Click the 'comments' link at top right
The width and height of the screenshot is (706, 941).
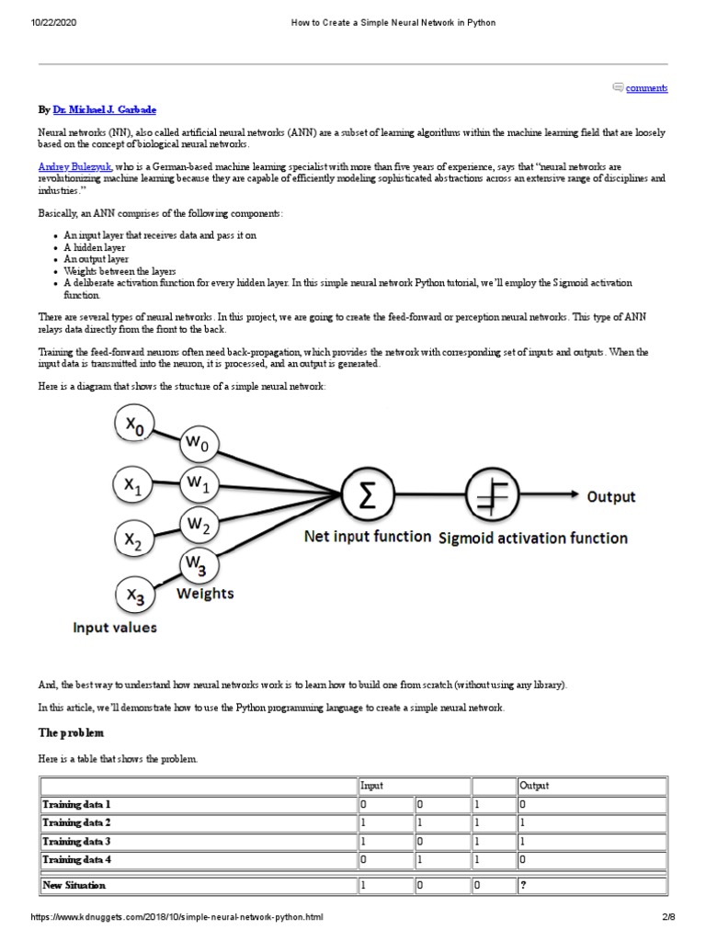(x=646, y=88)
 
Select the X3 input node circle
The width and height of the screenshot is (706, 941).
(x=135, y=598)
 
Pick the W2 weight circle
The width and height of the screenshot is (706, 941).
(x=199, y=525)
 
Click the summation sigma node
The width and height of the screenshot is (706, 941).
(x=367, y=497)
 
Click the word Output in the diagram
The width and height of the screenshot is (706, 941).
(x=611, y=497)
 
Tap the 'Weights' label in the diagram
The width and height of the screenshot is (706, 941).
(x=205, y=594)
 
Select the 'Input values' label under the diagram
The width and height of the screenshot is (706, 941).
(x=115, y=628)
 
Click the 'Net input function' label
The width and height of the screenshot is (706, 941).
(x=368, y=536)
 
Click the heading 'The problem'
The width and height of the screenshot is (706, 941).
(x=71, y=733)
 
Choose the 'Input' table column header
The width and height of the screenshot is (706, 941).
(x=372, y=786)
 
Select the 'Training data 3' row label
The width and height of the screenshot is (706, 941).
(x=76, y=841)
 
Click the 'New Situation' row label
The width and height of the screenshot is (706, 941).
(x=74, y=885)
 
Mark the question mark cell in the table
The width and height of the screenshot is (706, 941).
(x=523, y=885)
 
